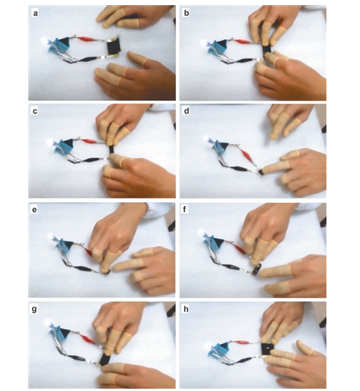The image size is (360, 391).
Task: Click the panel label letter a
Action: pyautogui.click(x=35, y=13)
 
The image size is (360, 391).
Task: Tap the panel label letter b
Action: pyautogui.click(x=186, y=13)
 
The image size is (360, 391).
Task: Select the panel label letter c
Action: pyautogui.click(x=35, y=111)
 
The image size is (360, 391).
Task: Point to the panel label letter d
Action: pyautogui.click(x=186, y=110)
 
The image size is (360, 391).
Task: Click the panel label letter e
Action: pyautogui.click(x=34, y=210)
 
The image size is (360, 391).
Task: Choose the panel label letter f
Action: pyautogui.click(x=185, y=209)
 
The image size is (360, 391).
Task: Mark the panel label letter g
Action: pyautogui.click(x=34, y=310)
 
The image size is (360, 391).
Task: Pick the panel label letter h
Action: pyautogui.click(x=186, y=309)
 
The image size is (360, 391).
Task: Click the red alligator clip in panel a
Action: pyautogui.click(x=85, y=39)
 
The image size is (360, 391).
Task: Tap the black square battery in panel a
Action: pyautogui.click(x=113, y=47)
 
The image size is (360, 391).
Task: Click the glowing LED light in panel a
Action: pyautogui.click(x=45, y=40)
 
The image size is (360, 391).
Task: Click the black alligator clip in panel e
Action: pyautogui.click(x=83, y=269)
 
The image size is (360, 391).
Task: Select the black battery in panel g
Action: pyautogui.click(x=104, y=359)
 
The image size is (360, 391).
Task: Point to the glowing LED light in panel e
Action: pyautogui.click(x=51, y=236)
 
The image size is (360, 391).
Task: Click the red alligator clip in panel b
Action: pyautogui.click(x=241, y=41)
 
